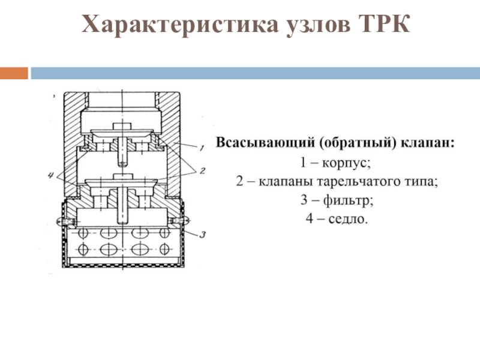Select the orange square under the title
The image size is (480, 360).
coord(14,73)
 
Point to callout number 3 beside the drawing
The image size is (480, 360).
coord(203,235)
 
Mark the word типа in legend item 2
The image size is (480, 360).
coord(425,181)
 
